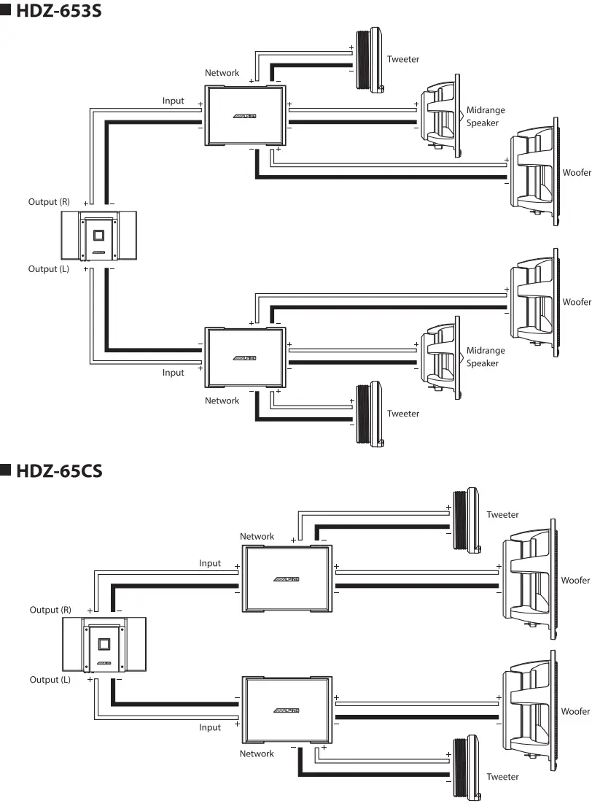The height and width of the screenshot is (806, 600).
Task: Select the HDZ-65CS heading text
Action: (61, 470)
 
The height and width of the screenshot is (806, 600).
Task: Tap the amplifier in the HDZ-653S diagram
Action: (98, 236)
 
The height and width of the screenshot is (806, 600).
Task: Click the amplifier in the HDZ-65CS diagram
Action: (103, 644)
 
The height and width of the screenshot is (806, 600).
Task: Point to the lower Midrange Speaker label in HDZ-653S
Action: (485, 357)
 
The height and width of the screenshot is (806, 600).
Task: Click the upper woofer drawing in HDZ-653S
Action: (534, 171)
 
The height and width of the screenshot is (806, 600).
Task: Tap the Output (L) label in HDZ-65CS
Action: (50, 680)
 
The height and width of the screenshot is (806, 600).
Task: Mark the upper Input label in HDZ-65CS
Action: (210, 563)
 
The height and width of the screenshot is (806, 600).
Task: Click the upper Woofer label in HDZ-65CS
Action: (575, 581)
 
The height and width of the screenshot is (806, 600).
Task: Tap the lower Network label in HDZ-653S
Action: (222, 400)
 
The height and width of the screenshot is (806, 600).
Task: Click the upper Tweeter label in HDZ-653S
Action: (403, 59)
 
